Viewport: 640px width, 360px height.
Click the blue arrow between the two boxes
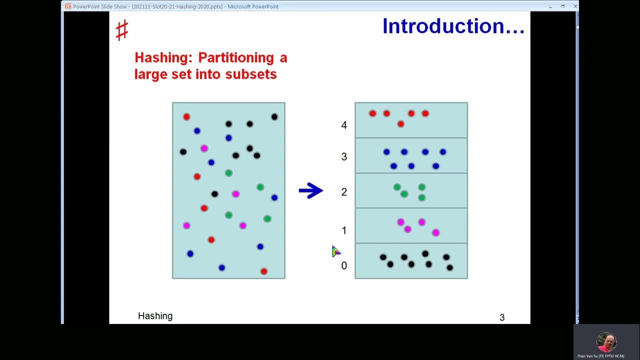pos(311,190)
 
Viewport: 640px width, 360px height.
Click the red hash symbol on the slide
pos(121,30)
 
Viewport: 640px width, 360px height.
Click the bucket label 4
pos(344,125)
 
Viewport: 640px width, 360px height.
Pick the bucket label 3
pos(344,156)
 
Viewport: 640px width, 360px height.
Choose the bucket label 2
pos(344,192)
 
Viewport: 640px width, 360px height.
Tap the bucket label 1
pos(344,230)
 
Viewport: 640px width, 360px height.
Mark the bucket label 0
pos(344,265)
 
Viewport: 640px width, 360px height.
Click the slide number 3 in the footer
pos(502,317)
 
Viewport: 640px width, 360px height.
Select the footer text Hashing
pos(155,316)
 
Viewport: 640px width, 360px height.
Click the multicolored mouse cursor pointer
pos(335,251)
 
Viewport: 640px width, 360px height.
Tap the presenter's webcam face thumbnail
pos(606,342)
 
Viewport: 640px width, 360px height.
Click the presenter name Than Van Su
pos(600,356)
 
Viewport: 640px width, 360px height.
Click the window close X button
pos(575,6)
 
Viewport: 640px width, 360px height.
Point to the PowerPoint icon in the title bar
pos(68,6)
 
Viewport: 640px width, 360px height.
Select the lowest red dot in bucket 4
pos(400,124)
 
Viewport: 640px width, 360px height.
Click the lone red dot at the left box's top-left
pos(186,117)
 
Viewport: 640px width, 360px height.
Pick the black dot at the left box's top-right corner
pos(274,117)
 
